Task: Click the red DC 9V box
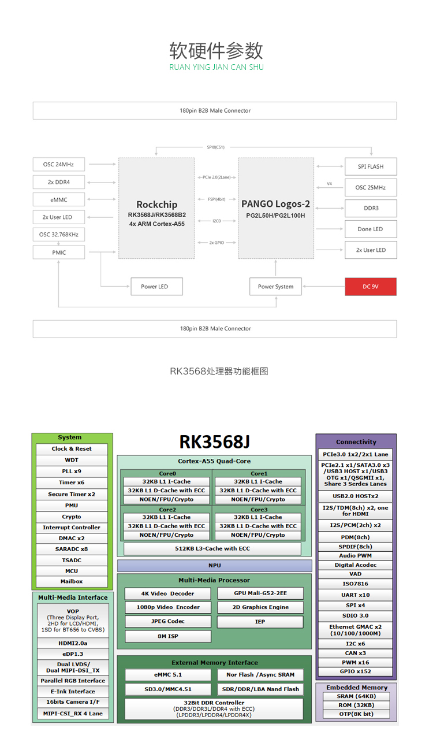tap(371, 287)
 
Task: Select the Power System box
tap(275, 287)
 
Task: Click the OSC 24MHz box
tap(59, 164)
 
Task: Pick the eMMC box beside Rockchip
tap(59, 199)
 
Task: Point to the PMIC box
tap(59, 253)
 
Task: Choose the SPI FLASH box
tap(370, 166)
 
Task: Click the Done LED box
tap(370, 229)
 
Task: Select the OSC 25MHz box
tap(370, 188)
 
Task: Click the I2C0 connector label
tap(216, 221)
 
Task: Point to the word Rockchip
tap(156, 205)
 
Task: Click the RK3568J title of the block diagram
tap(214, 442)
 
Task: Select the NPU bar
tap(214, 566)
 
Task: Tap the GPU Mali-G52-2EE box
tap(260, 593)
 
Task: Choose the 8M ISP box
tap(168, 636)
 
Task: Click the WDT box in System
tap(72, 461)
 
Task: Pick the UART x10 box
tap(356, 595)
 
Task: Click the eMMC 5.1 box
tap(168, 675)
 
